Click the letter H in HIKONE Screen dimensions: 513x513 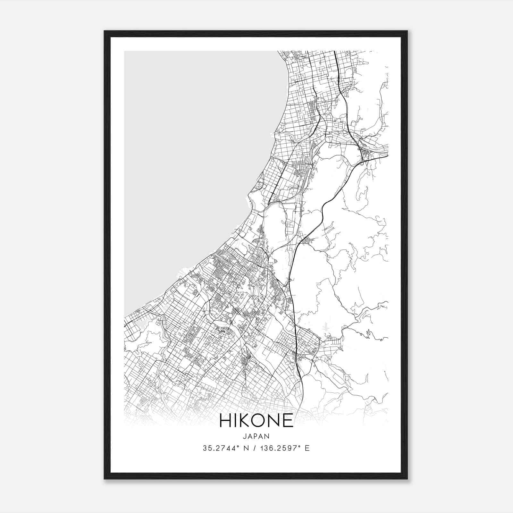[225, 420]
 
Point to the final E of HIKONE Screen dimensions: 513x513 [288, 420]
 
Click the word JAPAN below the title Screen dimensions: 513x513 [256, 436]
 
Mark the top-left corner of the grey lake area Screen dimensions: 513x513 [125, 51]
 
